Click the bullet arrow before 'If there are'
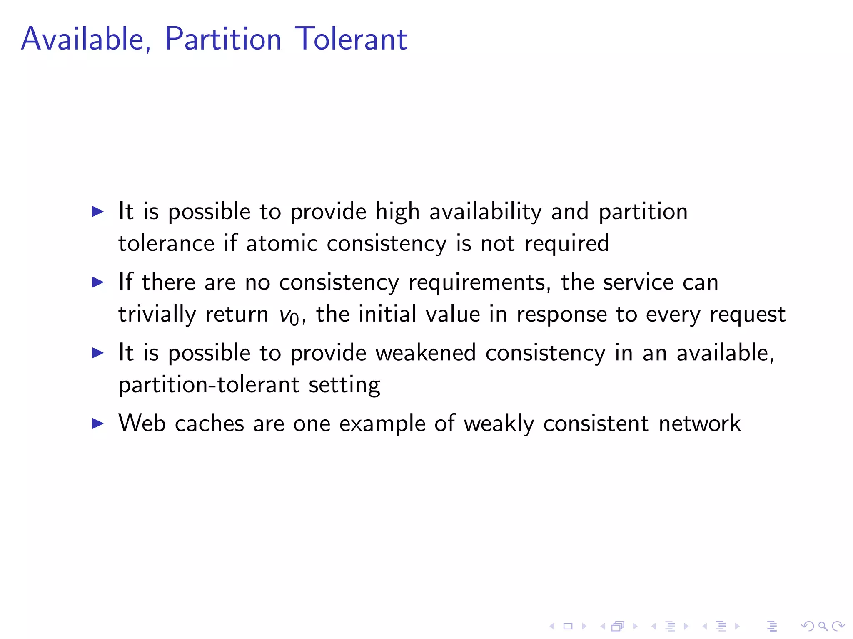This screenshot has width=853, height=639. click(x=97, y=282)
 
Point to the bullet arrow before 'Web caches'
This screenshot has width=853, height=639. click(x=97, y=424)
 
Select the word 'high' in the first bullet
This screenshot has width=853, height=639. click(x=397, y=212)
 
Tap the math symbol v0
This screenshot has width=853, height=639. click(x=289, y=315)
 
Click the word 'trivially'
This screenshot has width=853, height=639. click(x=157, y=315)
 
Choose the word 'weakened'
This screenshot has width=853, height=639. click(x=425, y=353)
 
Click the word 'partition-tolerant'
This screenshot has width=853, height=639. click(x=209, y=385)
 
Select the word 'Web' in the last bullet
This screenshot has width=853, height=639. click(x=142, y=423)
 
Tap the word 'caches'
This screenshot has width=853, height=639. click(x=209, y=424)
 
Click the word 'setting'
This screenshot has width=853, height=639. click(x=344, y=385)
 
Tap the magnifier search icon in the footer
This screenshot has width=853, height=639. click(x=822, y=626)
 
